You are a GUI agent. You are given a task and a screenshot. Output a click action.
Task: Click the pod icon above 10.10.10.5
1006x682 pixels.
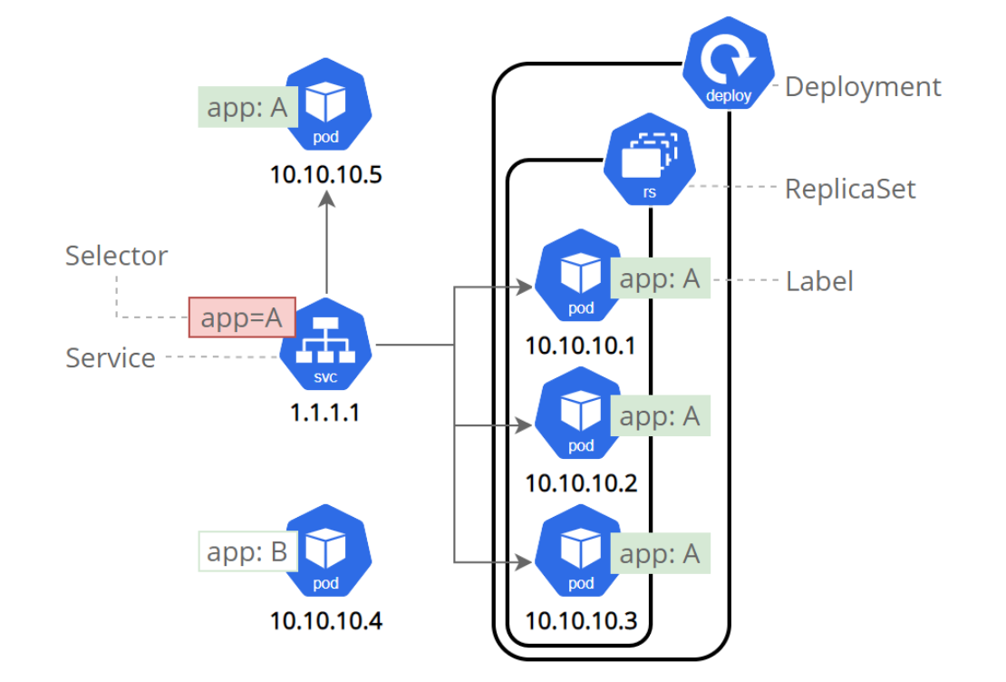(325, 105)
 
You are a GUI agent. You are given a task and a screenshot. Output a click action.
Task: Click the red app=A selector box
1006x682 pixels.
(242, 317)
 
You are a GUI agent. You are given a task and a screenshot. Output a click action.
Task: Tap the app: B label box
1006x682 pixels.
(247, 551)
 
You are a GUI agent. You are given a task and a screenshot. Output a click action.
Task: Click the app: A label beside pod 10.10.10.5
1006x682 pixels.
(247, 107)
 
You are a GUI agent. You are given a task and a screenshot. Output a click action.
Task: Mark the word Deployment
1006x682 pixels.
(863, 87)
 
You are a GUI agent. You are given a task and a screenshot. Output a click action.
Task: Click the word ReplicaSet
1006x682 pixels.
(850, 189)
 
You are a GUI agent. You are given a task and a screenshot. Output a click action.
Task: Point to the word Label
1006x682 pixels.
(819, 281)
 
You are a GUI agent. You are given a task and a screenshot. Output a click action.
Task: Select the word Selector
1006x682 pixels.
(116, 256)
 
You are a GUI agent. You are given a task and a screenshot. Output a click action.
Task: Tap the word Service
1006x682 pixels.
(110, 358)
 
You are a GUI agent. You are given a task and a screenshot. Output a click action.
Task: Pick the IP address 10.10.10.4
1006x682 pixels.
(325, 622)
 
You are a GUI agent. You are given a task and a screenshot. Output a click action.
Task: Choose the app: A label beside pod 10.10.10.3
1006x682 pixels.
(661, 553)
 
